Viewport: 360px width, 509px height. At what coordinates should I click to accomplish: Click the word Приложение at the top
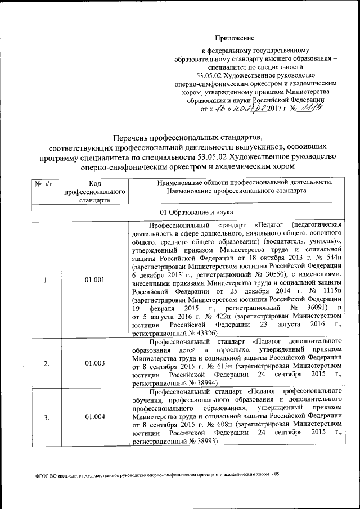(235, 38)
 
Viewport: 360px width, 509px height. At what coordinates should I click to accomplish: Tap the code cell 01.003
(94, 363)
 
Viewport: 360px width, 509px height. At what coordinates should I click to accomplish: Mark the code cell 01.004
(94, 417)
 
